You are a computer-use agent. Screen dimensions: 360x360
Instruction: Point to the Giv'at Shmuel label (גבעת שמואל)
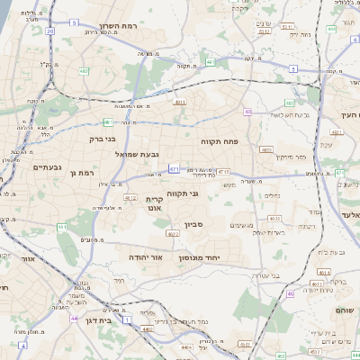(138, 155)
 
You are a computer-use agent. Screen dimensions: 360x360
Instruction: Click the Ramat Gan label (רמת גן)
(82, 172)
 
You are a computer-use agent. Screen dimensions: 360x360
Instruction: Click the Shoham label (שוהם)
(346, 310)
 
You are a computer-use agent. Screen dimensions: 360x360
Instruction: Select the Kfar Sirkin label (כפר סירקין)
(288, 157)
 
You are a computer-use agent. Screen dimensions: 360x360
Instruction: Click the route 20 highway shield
(50, 31)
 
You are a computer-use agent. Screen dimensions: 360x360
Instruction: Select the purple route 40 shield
(247, 112)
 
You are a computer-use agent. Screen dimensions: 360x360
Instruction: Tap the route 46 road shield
(290, 293)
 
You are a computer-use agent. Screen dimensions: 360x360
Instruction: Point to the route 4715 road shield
(222, 171)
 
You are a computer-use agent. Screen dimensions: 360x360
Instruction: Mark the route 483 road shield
(265, 149)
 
